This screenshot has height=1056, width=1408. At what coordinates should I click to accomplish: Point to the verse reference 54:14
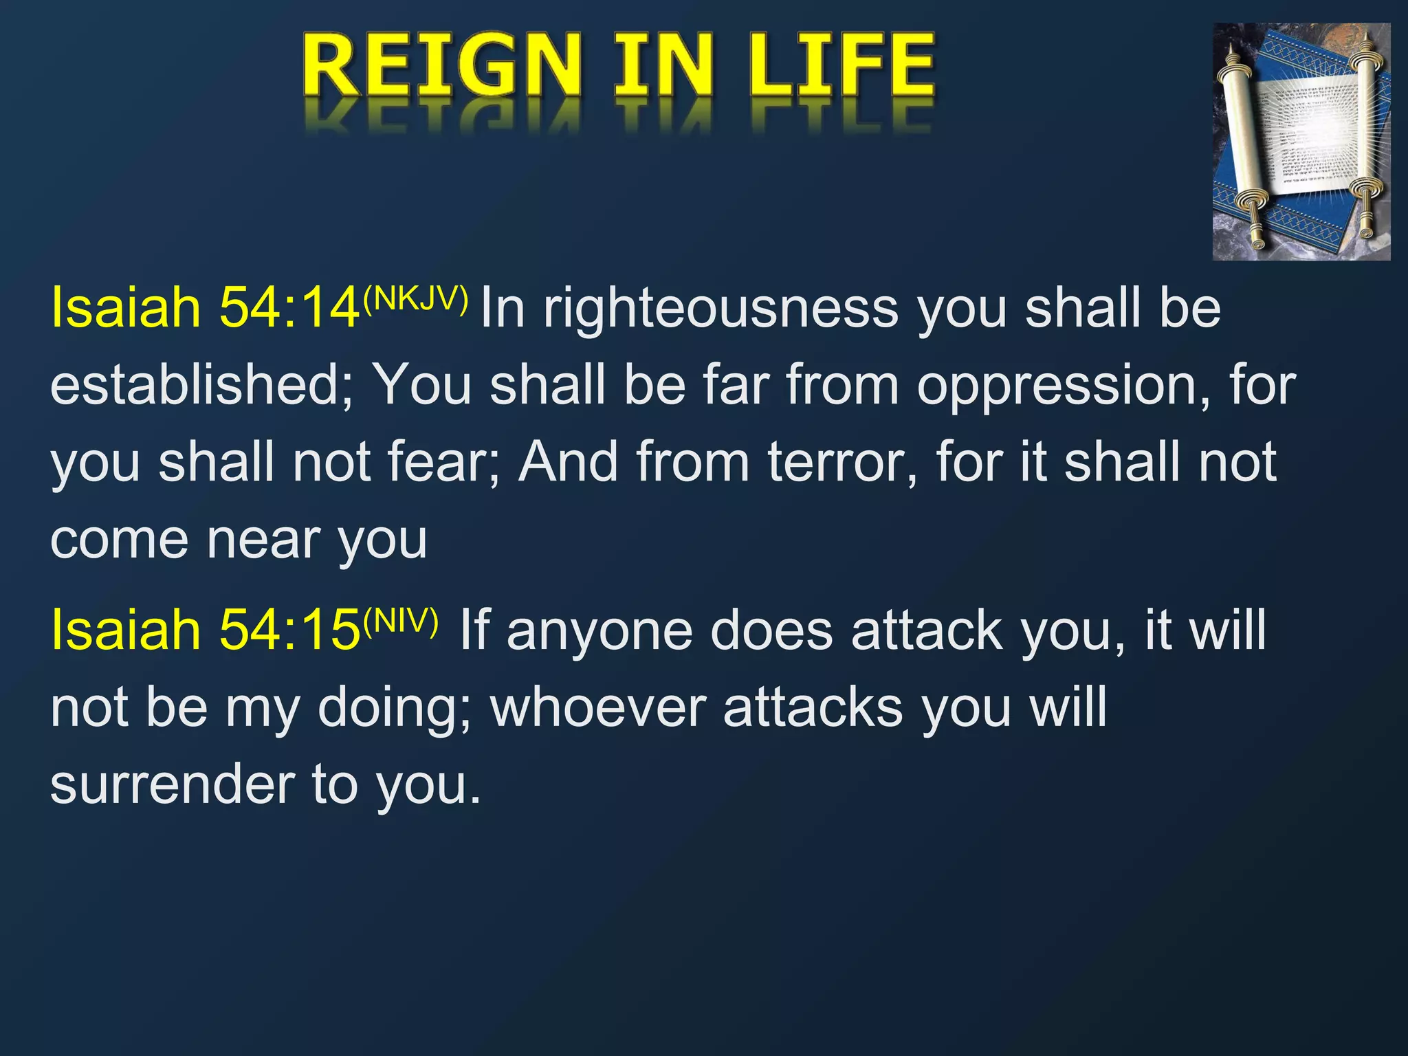[x=289, y=307]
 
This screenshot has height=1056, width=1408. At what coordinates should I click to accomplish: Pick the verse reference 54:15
[x=289, y=630]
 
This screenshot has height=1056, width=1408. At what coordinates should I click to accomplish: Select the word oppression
[x=1063, y=385]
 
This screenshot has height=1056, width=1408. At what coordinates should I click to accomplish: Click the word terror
[x=842, y=461]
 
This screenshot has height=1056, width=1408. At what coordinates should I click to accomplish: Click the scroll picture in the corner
[x=1301, y=142]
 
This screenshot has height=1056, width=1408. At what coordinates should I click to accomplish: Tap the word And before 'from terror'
[x=568, y=461]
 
